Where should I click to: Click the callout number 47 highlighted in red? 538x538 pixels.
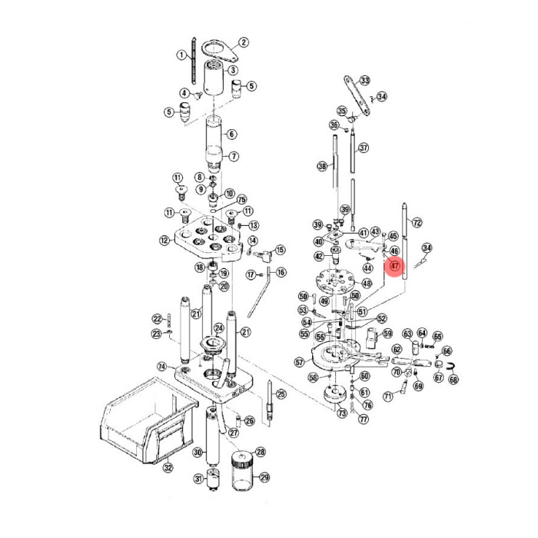pos(395,267)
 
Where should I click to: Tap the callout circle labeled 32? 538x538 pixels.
pos(168,467)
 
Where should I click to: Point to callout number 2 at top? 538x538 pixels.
pos(244,42)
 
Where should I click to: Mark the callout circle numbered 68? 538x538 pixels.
pos(453,380)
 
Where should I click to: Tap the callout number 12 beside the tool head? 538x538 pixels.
pos(164,241)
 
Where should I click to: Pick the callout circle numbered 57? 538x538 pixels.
pos(299,360)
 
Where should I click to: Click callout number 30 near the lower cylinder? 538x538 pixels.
pos(198,452)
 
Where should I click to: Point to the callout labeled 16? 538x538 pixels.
pos(281,272)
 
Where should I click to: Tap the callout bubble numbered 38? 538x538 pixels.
pos(322,165)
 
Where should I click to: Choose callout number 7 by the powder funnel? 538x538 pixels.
pos(234,156)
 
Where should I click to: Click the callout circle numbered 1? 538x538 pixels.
pos(181,55)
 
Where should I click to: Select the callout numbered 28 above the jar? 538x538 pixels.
pos(261,452)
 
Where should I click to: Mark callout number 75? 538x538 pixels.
pos(241,199)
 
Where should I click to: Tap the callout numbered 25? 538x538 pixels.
pos(281,394)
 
